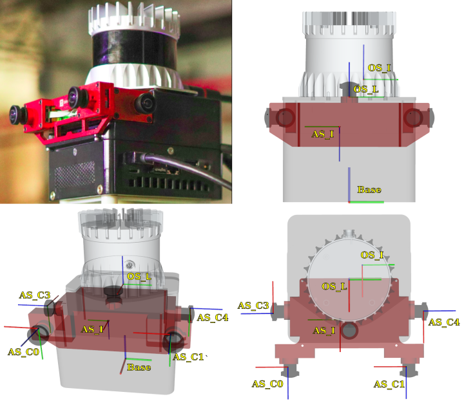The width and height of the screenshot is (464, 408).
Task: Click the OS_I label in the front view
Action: pyautogui.click(x=380, y=68)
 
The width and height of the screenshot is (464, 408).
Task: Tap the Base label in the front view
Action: pyautogui.click(x=369, y=189)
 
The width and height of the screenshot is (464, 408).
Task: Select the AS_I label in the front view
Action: pyautogui.click(x=322, y=134)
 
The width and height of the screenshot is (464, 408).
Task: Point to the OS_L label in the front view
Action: pyautogui.click(x=366, y=89)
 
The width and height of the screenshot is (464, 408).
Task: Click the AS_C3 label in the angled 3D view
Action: pyautogui.click(x=35, y=295)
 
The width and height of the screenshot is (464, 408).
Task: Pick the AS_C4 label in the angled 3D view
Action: pyautogui.click(x=213, y=318)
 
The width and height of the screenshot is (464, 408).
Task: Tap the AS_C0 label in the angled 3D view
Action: pyautogui.click(x=23, y=352)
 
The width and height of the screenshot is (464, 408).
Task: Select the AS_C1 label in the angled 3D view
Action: pyautogui.click(x=188, y=357)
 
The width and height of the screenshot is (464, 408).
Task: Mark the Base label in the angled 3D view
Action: pyautogui.click(x=139, y=367)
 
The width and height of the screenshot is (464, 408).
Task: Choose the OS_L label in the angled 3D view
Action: pyautogui.click(x=139, y=277)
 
